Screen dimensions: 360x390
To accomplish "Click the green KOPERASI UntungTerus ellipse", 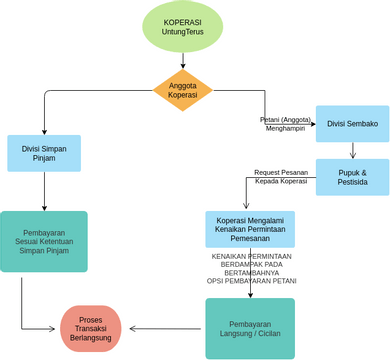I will pyautogui.click(x=182, y=27).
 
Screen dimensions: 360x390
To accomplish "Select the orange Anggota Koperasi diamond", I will pyautogui.click(x=182, y=91).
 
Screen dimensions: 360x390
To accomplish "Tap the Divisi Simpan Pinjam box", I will pyautogui.click(x=44, y=153).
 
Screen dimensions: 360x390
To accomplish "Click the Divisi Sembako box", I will pyautogui.click(x=352, y=124).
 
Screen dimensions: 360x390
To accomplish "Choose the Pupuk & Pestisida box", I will pyautogui.click(x=352, y=177).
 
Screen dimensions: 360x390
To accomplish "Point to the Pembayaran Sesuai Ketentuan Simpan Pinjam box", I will pyautogui.click(x=44, y=241).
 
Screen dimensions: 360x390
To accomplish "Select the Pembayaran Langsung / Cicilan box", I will pyautogui.click(x=250, y=328).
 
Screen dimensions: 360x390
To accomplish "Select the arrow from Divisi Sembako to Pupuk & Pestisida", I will pyautogui.click(x=352, y=151).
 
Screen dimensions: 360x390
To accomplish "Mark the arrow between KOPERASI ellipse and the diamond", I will pyautogui.click(x=182, y=61).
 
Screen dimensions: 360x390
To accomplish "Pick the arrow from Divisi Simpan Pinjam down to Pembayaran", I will pyautogui.click(x=44, y=190).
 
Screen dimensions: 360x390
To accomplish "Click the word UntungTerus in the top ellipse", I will pyautogui.click(x=182, y=33).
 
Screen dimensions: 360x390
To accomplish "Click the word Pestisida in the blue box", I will pyautogui.click(x=352, y=184).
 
